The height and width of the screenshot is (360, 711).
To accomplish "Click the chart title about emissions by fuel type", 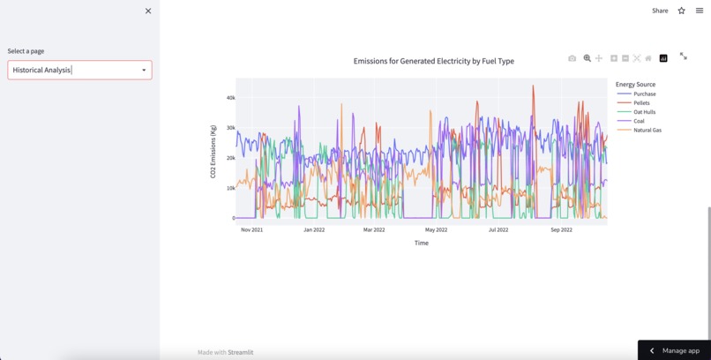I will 433,61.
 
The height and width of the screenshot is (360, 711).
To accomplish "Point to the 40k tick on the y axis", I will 230,98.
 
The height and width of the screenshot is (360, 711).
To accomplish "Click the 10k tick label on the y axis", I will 230,188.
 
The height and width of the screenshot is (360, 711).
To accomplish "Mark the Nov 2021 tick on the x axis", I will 251,229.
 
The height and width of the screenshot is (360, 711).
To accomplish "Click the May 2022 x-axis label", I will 436,229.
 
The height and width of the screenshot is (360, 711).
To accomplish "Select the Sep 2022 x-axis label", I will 561,229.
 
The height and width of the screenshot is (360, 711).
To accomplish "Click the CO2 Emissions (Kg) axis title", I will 213,152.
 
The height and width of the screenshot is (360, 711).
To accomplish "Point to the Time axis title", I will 422,243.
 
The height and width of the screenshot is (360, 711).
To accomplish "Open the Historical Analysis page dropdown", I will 79,70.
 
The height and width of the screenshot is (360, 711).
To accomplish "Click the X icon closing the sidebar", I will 148,11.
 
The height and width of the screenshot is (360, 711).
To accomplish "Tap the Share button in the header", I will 660,11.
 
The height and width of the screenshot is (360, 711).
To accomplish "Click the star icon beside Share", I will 681,11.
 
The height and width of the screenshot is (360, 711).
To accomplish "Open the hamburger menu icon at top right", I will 700,11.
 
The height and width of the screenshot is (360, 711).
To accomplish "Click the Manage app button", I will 675,350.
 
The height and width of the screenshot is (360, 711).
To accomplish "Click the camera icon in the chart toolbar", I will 572,58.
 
